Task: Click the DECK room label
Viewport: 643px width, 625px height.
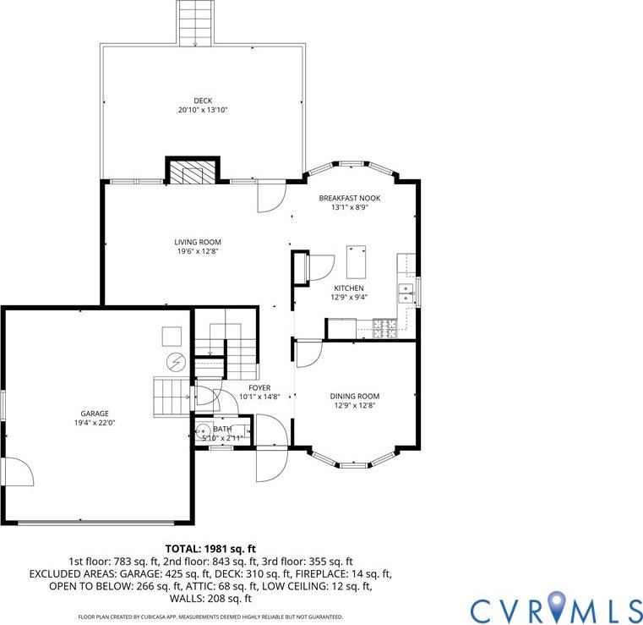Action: click(202, 101)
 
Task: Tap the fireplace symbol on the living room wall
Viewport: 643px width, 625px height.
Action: click(192, 173)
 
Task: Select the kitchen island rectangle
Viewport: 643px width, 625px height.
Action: click(356, 262)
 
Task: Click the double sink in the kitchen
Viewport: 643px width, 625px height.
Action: click(406, 293)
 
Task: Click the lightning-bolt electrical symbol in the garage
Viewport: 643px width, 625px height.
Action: click(176, 362)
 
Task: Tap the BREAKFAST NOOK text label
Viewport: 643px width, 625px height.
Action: click(349, 198)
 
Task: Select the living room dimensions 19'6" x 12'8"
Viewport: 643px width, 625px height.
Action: click(198, 251)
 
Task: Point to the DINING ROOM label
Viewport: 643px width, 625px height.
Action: click(354, 396)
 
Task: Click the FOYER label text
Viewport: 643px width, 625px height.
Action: click(259, 387)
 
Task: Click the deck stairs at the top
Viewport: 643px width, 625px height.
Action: click(193, 23)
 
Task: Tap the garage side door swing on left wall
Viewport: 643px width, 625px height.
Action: click(17, 471)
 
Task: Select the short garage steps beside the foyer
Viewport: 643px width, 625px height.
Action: click(172, 397)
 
